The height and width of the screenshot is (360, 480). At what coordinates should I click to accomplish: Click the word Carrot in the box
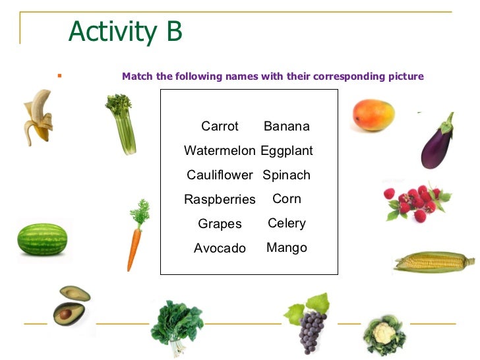click(x=220, y=126)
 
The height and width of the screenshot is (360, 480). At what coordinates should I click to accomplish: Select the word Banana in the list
click(x=286, y=126)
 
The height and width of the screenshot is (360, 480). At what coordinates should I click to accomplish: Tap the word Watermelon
click(x=220, y=150)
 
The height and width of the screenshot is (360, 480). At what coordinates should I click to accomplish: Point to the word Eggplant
click(x=287, y=150)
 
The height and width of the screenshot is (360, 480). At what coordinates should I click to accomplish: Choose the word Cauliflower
click(x=220, y=175)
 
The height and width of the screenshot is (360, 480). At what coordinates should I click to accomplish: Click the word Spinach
click(x=286, y=175)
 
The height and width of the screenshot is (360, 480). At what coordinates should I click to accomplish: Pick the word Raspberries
click(x=220, y=199)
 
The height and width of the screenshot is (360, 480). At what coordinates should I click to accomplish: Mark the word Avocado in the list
click(x=220, y=248)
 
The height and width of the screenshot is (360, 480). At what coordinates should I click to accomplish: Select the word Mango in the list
click(x=287, y=248)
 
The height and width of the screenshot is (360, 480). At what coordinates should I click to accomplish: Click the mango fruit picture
click(x=373, y=115)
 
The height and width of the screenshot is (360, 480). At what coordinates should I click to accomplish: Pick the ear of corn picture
click(x=433, y=262)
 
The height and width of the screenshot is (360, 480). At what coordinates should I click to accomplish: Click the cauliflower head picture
click(x=384, y=333)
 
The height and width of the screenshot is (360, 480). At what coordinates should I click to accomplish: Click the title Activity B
click(x=125, y=32)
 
